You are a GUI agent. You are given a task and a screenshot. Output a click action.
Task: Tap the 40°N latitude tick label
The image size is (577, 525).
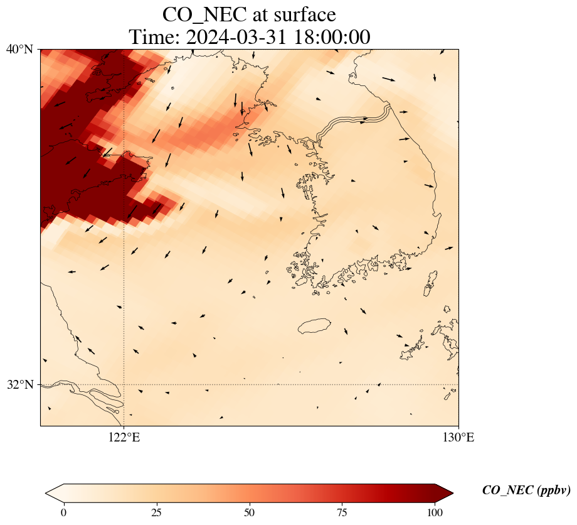coord(20,49)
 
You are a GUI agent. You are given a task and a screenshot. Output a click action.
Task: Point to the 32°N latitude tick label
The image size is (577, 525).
coord(20,384)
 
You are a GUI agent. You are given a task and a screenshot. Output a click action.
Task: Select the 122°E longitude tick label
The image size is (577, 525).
coord(124,438)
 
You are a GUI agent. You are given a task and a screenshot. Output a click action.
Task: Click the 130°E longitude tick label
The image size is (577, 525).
coord(458,438)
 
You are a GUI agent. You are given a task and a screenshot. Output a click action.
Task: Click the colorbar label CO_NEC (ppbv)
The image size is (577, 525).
coord(526,490)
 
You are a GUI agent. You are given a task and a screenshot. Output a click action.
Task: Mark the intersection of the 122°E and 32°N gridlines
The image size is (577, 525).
coord(124,384)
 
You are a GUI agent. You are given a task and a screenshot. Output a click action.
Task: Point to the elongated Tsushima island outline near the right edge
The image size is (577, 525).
coord(430,284)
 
